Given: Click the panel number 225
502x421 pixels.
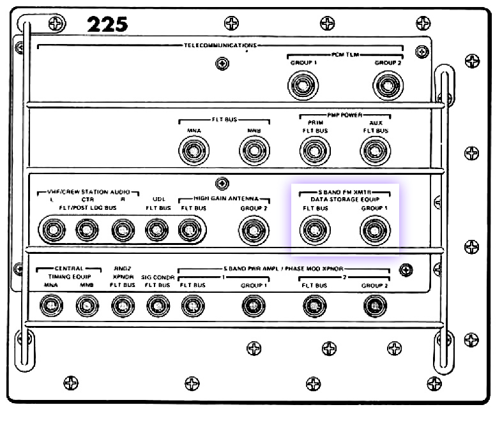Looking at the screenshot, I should (x=107, y=24).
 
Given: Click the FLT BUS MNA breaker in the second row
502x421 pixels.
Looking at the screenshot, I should (x=194, y=151).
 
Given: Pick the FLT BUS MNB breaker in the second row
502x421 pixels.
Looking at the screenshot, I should (x=254, y=151).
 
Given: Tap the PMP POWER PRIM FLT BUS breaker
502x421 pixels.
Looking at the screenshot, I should (x=314, y=151).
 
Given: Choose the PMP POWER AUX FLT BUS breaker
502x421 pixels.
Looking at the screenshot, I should (x=375, y=151).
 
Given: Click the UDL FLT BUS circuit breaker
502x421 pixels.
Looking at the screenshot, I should (x=157, y=230).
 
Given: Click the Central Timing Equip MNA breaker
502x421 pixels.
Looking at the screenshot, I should (x=50, y=307).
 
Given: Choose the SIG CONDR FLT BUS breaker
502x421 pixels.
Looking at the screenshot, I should (x=157, y=307).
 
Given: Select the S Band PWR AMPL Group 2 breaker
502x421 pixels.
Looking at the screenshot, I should (x=374, y=307).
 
